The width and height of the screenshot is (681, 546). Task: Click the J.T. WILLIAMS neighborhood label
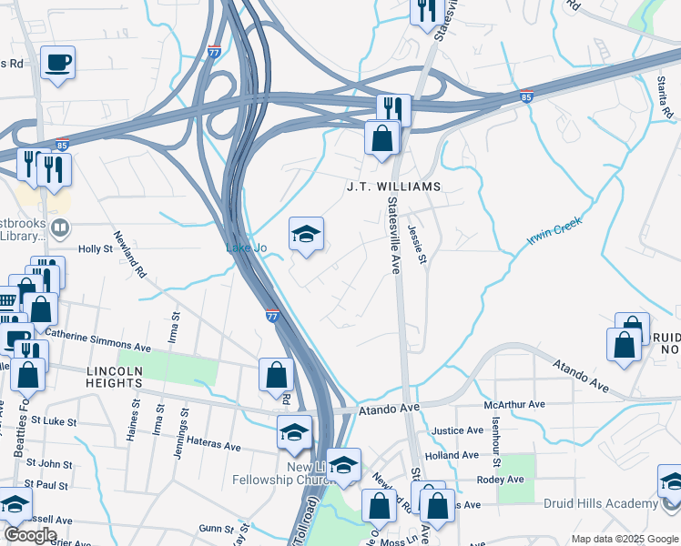pyautogui.click(x=393, y=187)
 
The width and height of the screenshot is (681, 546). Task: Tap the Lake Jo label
pyautogui.click(x=245, y=248)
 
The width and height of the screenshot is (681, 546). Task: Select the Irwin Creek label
pyautogui.click(x=554, y=231)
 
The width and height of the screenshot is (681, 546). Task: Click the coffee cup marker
pyautogui.click(x=58, y=63)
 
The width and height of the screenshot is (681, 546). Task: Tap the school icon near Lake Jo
pyautogui.click(x=307, y=235)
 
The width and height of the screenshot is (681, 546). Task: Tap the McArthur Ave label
pyautogui.click(x=514, y=404)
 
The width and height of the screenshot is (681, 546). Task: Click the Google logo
pyautogui.click(x=30, y=535)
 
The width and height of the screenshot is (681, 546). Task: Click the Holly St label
pyautogui.click(x=94, y=248)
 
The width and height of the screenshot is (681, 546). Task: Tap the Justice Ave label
pyautogui.click(x=457, y=430)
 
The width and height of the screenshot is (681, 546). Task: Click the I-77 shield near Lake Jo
pyautogui.click(x=272, y=316)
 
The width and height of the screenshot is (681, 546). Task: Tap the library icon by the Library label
pyautogui.click(x=60, y=227)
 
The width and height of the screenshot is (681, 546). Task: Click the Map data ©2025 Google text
pyautogui.click(x=624, y=539)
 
